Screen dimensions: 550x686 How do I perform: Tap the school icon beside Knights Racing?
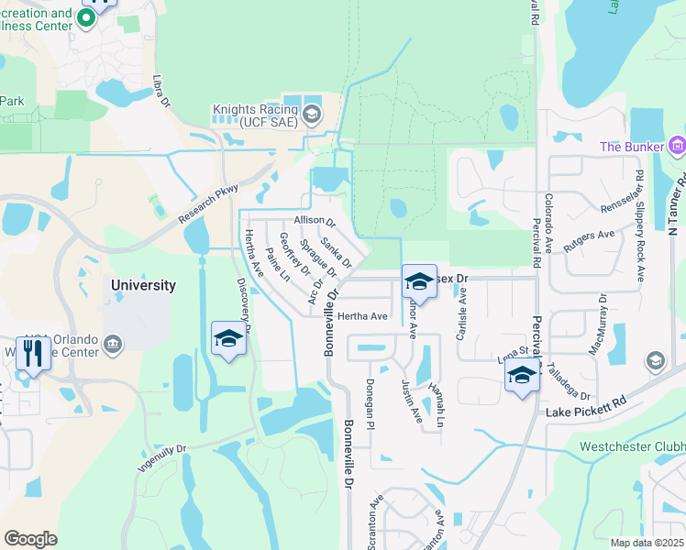[x=311, y=115]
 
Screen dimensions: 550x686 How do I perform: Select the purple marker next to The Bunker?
[x=678, y=145]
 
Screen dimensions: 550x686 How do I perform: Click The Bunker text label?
[x=633, y=147]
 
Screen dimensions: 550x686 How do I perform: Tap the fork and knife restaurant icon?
[x=33, y=353]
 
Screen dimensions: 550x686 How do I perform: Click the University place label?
[x=143, y=285]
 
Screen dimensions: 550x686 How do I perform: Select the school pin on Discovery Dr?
[x=228, y=338]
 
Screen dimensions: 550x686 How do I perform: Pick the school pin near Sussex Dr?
[x=419, y=280]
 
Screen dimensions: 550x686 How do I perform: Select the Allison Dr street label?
[x=315, y=221]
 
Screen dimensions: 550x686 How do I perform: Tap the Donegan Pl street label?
[x=371, y=404]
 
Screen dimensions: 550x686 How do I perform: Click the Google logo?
[x=31, y=539]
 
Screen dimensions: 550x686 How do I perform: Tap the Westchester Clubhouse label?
[x=633, y=447]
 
